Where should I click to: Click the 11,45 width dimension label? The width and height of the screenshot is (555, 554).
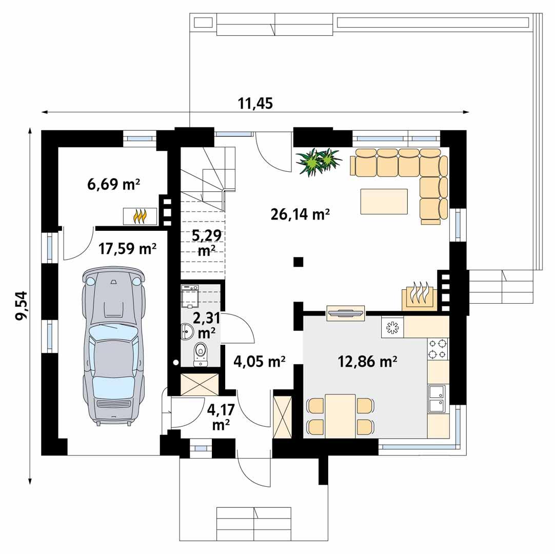(255, 103)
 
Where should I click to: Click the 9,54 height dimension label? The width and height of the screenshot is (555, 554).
(22, 306)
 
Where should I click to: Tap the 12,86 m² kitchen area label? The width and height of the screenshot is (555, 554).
(368, 362)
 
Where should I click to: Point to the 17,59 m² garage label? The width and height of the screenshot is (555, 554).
(127, 249)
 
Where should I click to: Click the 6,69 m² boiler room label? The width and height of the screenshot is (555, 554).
(114, 184)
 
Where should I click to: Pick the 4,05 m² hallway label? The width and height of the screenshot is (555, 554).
(260, 362)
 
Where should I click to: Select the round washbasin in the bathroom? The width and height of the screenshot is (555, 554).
(186, 332)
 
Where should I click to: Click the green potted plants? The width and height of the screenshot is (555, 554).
(318, 161)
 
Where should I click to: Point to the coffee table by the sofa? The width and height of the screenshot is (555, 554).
(384, 201)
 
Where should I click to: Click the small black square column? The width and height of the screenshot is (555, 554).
(298, 262)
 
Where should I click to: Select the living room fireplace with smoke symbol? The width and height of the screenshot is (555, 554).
(419, 295)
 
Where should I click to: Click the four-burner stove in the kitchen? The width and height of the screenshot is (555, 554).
(438, 349)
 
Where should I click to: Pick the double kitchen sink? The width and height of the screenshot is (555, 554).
(437, 399)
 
